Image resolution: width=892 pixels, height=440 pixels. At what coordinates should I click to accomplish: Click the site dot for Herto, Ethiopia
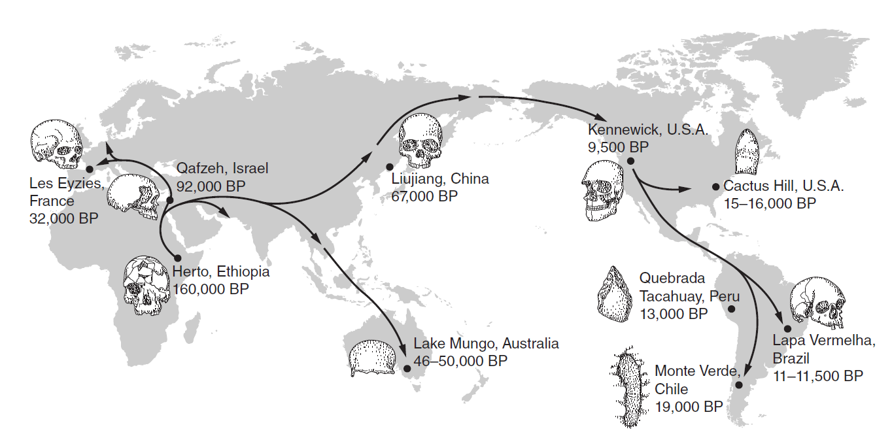[177, 258]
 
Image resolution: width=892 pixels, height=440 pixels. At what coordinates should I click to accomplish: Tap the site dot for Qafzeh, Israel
[169, 200]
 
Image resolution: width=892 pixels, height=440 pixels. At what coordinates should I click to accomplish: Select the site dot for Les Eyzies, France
[89, 169]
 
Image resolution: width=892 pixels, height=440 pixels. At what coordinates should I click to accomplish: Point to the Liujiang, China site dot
[389, 167]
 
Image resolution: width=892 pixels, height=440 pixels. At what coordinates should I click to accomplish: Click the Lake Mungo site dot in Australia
[408, 369]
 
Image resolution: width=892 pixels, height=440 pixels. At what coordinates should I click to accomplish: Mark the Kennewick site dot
[630, 161]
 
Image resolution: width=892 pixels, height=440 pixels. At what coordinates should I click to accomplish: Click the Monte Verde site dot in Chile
[740, 385]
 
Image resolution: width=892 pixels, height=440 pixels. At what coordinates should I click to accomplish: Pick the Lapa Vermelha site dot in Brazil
[788, 328]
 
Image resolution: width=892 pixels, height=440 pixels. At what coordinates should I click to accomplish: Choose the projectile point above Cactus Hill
[747, 150]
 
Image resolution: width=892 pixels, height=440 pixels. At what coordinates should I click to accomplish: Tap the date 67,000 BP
[424, 195]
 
